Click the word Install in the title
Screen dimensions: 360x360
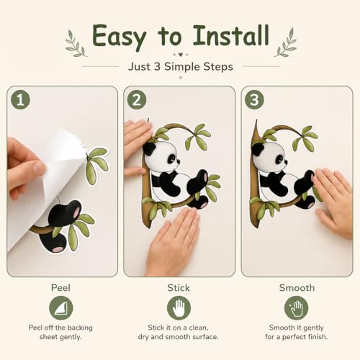[x=231, y=35]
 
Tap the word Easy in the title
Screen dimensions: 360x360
[x=119, y=37]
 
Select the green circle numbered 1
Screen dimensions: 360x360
[x=20, y=99]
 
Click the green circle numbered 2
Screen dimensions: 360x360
[x=137, y=99]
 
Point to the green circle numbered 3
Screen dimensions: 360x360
[x=254, y=99]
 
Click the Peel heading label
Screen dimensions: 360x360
[x=60, y=288]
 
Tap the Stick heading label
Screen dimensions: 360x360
[x=179, y=288]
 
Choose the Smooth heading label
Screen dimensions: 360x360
[x=297, y=288]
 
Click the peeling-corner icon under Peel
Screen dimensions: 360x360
[x=61, y=308]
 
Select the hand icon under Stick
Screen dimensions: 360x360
[x=179, y=308]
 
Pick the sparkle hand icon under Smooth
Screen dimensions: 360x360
[x=297, y=308]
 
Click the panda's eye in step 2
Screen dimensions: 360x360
[x=171, y=158]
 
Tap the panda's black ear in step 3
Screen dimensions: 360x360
[x=258, y=149]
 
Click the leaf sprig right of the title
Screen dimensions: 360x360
[x=285, y=42]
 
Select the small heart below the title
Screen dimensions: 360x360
[x=181, y=55]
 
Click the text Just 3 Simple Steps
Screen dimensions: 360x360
[x=181, y=67]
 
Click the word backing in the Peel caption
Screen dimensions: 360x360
[x=79, y=328]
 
